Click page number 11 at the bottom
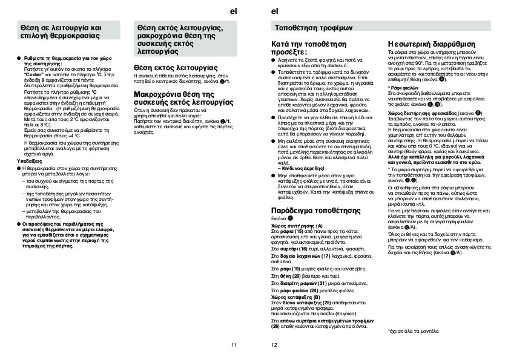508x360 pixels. [x=233, y=345]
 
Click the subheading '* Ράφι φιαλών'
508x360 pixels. [x=402, y=88]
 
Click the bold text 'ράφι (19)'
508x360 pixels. [x=288, y=268]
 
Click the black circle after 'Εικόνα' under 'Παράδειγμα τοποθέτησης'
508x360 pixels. [x=291, y=218]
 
